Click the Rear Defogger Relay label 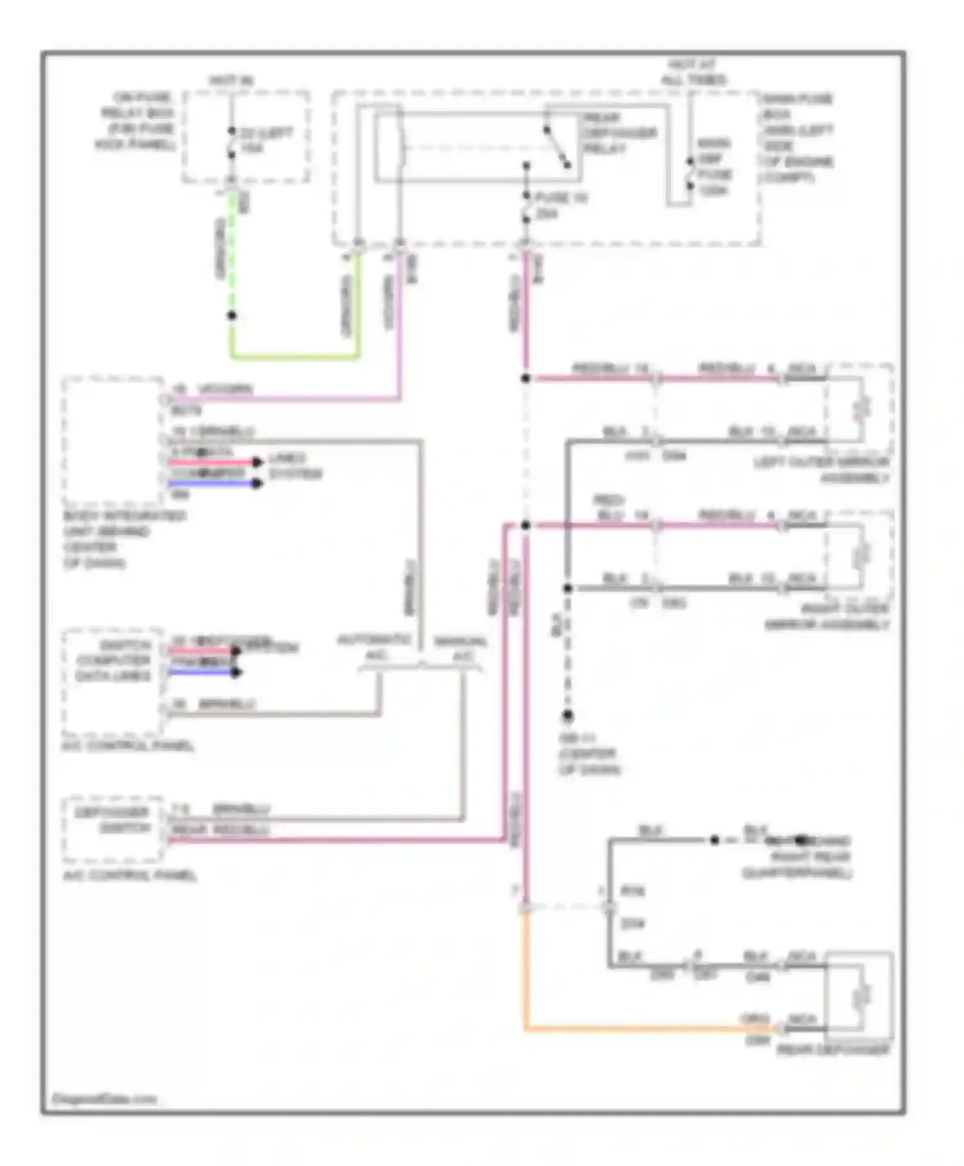618,134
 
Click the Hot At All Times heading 693,72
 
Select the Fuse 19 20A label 559,206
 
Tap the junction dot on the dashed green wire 232,316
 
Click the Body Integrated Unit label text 122,539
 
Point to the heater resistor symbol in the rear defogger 861,996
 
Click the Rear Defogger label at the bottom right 834,1050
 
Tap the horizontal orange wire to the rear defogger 643,1029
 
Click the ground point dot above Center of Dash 567,715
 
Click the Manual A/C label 460,648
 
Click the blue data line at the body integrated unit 212,483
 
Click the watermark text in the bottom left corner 103,1100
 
